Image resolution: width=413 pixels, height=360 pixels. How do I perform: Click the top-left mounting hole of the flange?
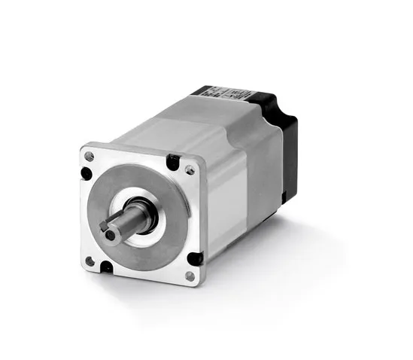[90, 156]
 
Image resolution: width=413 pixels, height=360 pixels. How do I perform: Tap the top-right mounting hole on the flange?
[189, 169]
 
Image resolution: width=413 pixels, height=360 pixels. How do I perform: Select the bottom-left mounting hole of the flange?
[90, 260]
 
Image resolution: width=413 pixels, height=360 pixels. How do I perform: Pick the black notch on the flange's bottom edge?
[107, 266]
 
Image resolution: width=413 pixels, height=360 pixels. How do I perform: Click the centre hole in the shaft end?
[110, 235]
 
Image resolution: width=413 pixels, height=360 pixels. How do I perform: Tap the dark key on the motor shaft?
[106, 224]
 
